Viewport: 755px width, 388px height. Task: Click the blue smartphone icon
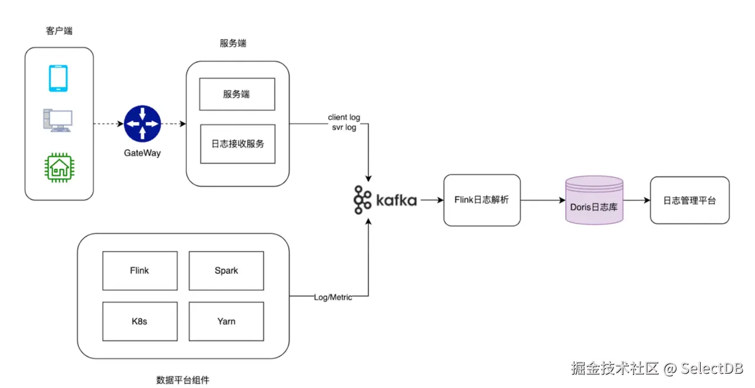point(58,79)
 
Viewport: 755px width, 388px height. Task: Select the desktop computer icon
point(58,121)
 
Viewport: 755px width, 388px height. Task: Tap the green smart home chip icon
point(58,167)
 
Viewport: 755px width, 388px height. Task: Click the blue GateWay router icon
point(142,124)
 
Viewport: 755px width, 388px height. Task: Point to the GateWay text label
point(142,153)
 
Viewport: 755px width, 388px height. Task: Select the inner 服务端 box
point(237,94)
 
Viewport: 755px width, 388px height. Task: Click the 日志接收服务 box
point(237,144)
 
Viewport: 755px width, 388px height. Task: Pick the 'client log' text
point(344,118)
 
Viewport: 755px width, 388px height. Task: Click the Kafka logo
point(385,200)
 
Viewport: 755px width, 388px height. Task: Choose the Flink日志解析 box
point(482,200)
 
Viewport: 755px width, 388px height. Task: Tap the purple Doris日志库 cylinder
point(594,200)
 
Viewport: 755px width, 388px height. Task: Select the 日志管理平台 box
point(690,200)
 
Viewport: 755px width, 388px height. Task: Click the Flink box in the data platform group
point(140,270)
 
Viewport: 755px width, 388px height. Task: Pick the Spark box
point(226,270)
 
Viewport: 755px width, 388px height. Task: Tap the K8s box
point(140,321)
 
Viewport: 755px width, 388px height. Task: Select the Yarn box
point(226,321)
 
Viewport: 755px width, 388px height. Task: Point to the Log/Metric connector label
point(333,297)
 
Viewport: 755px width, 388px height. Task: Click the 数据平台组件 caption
point(183,380)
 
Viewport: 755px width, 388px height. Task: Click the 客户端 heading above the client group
point(59,31)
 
